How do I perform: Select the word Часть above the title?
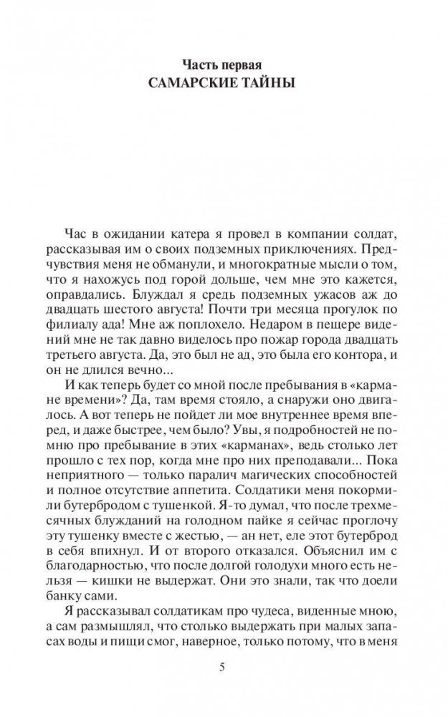[203, 64]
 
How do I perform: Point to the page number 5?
[224, 668]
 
